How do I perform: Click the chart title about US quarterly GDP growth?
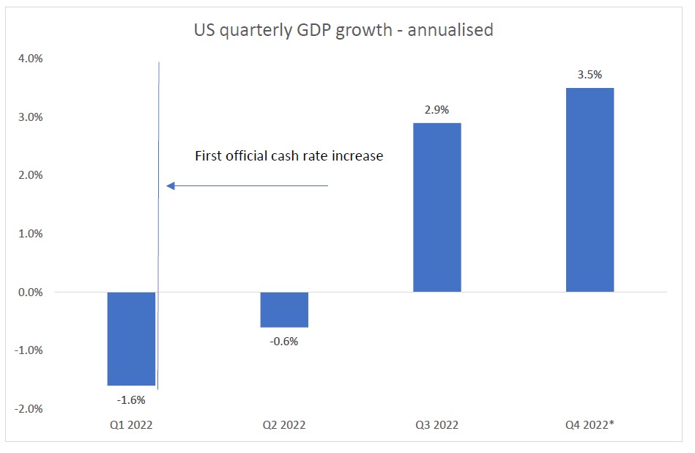(x=343, y=30)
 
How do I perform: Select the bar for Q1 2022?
(x=131, y=339)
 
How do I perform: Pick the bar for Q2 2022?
(x=284, y=309)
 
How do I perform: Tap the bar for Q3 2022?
(x=437, y=207)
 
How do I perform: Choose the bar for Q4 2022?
(x=590, y=190)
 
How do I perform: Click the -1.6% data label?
(x=131, y=400)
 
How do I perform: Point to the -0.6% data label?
(x=283, y=341)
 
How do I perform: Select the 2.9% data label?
(x=437, y=109)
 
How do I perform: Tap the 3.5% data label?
(x=590, y=74)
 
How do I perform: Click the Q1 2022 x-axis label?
(x=131, y=425)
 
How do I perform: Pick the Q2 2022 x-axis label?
(x=283, y=425)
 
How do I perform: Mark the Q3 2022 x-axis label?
(x=437, y=425)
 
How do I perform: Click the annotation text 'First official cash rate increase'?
(x=289, y=156)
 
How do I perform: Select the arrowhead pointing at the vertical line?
(x=170, y=186)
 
